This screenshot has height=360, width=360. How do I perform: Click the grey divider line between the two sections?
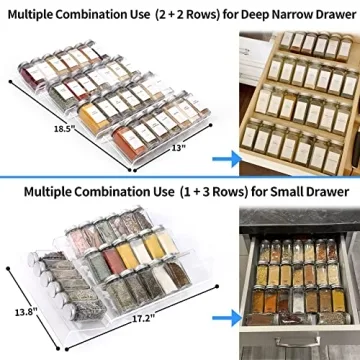[180, 176]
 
